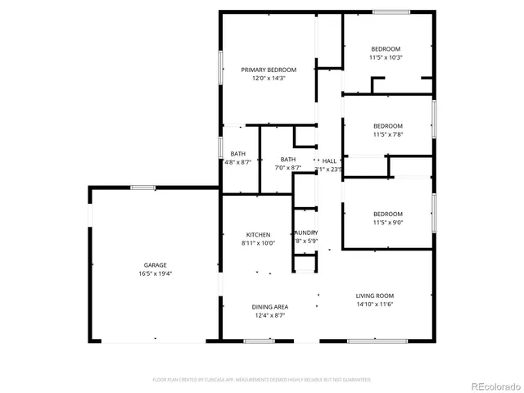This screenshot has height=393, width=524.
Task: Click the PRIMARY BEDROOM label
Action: click(269, 70)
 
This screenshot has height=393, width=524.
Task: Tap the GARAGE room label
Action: click(156, 265)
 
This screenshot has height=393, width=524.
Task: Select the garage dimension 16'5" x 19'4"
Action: click(156, 274)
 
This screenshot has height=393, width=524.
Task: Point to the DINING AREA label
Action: click(269, 306)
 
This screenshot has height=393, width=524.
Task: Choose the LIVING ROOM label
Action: click(374, 296)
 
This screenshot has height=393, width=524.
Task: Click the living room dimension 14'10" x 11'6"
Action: click(374, 305)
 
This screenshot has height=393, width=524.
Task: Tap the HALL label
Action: click(329, 160)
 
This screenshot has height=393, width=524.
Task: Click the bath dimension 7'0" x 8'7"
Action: click(288, 168)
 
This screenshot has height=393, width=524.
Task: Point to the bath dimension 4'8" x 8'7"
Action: click(237, 162)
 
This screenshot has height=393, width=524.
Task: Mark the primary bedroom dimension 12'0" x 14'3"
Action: click(269, 79)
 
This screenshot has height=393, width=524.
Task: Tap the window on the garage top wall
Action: click(143, 187)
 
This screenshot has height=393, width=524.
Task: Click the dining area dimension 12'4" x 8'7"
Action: click(269, 315)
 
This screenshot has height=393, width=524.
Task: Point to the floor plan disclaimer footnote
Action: click(262, 380)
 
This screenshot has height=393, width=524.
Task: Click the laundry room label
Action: click(306, 233)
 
